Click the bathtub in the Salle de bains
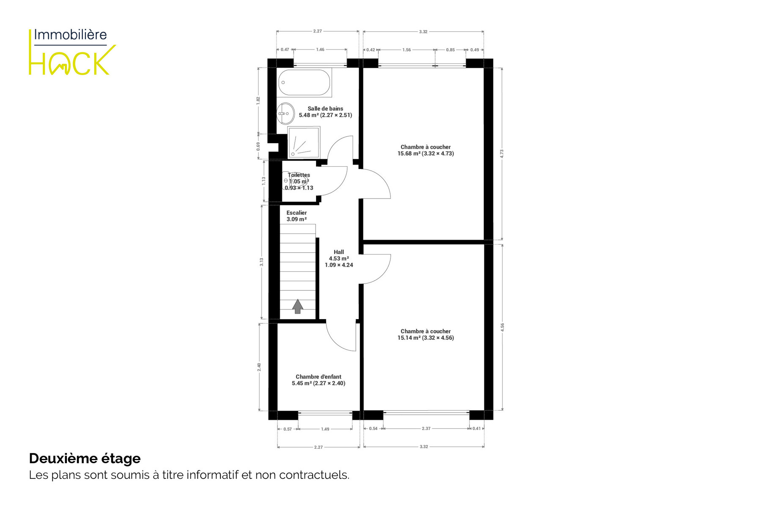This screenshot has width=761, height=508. [x=304, y=83]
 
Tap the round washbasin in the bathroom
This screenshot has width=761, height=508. [x=286, y=113]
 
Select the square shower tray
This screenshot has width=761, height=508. [x=304, y=143]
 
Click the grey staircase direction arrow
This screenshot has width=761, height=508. [x=298, y=306]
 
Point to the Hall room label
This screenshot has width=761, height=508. [x=339, y=252]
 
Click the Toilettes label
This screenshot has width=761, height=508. [x=299, y=175]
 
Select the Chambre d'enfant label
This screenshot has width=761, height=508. [x=319, y=377]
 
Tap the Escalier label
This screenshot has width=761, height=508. [x=297, y=213]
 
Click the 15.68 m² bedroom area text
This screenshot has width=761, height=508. [x=426, y=154]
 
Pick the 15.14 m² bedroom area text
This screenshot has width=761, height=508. [x=426, y=338]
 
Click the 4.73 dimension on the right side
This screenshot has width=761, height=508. [x=502, y=154]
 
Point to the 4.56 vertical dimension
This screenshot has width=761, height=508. [x=503, y=327]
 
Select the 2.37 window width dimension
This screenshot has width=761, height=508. [x=426, y=429]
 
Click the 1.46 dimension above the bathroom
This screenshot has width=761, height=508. [x=320, y=50]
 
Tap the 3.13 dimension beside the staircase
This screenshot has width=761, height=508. [x=261, y=262]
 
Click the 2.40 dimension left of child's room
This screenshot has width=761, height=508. [x=259, y=367]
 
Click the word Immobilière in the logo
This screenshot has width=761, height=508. [x=70, y=35]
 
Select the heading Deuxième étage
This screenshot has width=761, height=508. [x=85, y=458]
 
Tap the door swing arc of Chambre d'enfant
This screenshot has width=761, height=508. [x=336, y=341]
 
